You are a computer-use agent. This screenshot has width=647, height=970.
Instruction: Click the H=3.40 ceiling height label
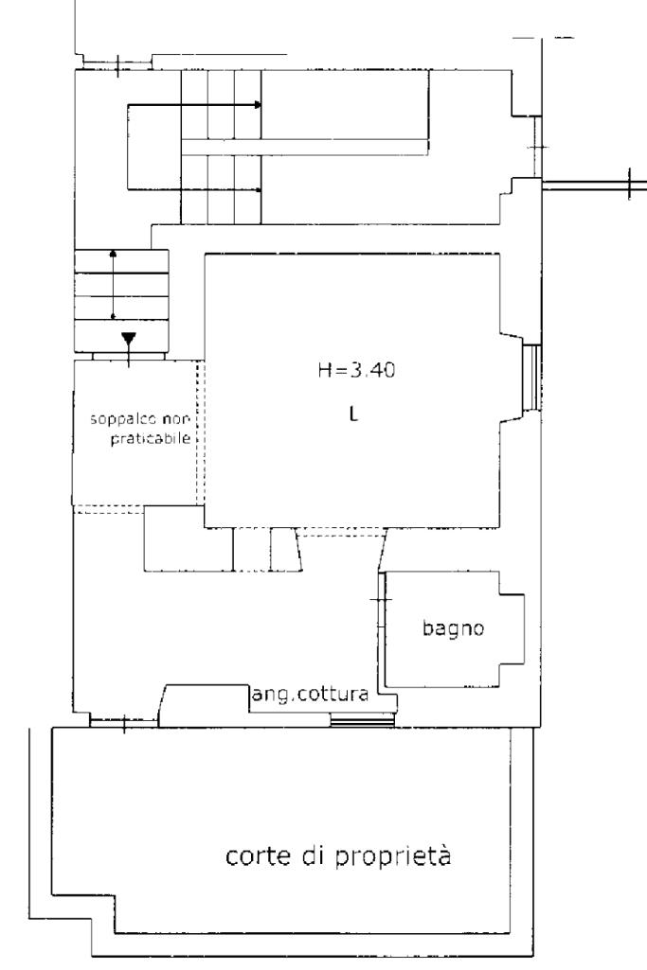click(x=356, y=370)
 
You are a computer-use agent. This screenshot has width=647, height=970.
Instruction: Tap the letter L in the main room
click(x=353, y=414)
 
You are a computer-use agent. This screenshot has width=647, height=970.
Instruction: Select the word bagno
click(x=453, y=628)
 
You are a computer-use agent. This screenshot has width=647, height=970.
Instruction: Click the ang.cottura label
click(x=310, y=695)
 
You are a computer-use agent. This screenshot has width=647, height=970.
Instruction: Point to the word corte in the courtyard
click(x=259, y=856)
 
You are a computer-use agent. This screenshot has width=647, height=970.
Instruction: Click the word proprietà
click(x=394, y=856)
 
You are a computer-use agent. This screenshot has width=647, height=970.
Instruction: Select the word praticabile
click(x=151, y=439)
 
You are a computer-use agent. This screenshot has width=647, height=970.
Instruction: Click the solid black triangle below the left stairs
click(x=128, y=339)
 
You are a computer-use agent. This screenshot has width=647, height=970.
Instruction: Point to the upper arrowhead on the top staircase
click(x=258, y=105)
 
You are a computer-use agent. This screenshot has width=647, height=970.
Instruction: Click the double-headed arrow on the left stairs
click(x=113, y=285)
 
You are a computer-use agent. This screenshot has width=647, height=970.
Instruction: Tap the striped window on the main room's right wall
click(x=531, y=377)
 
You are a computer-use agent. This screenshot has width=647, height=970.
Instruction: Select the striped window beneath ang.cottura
click(x=362, y=719)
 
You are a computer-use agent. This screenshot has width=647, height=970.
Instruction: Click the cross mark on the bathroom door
click(x=381, y=600)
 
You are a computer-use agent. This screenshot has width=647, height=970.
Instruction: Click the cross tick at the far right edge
click(x=629, y=184)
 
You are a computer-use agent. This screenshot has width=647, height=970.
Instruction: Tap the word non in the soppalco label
click(x=178, y=420)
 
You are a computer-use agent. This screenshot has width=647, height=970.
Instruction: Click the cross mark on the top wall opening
click(x=118, y=63)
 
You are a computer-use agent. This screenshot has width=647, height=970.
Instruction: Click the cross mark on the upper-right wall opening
click(x=538, y=148)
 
